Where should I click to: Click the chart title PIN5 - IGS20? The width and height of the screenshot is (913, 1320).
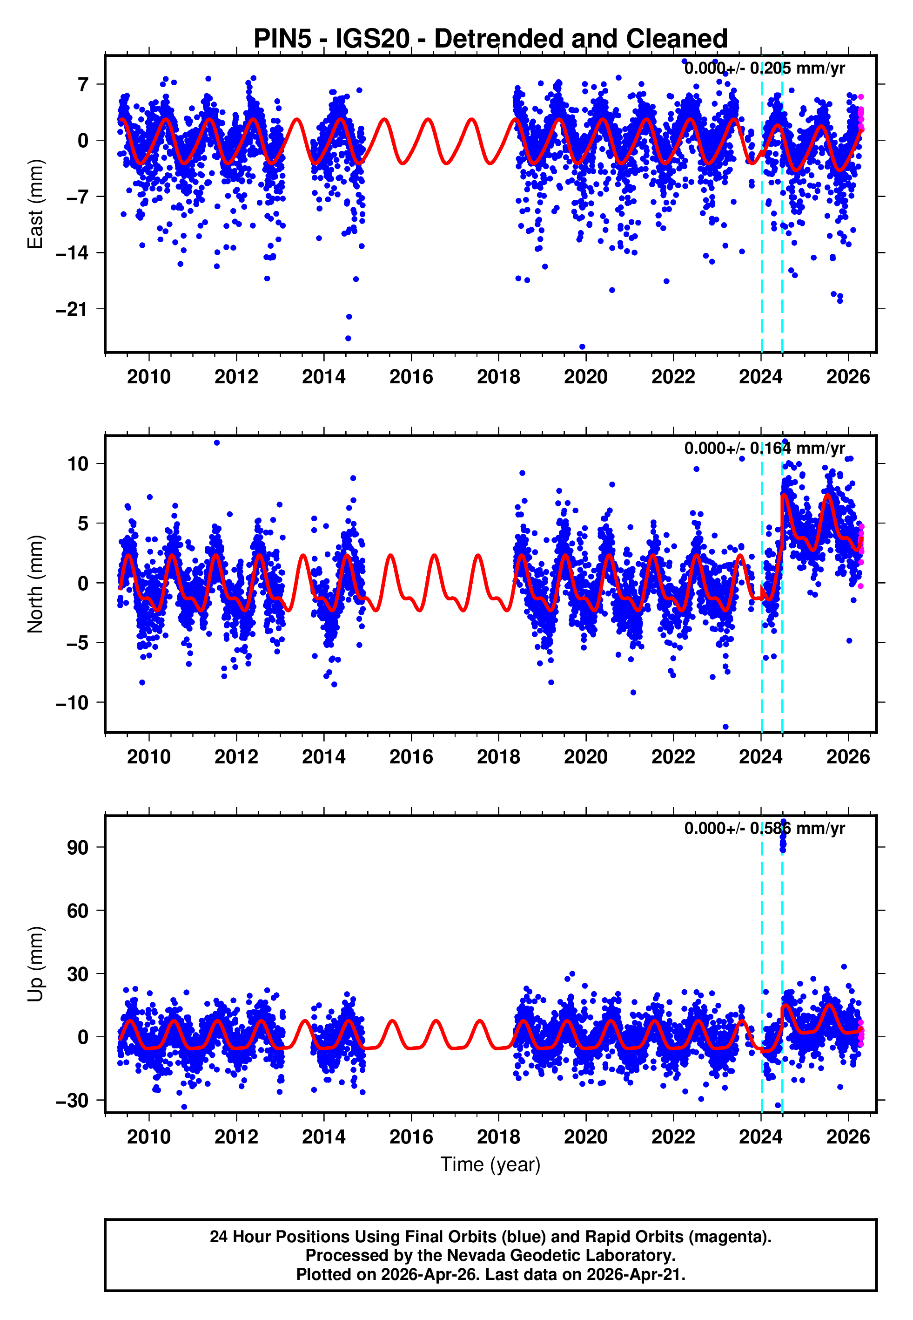(x=490, y=39)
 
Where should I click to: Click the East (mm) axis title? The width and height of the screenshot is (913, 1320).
(x=35, y=204)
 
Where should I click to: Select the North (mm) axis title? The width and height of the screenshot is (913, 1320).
(x=35, y=584)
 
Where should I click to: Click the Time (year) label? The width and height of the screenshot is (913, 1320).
(x=490, y=1164)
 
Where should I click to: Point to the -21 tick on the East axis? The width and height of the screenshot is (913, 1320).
(x=72, y=309)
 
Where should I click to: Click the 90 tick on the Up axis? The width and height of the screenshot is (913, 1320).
(x=78, y=847)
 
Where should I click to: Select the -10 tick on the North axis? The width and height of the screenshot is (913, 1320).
(x=72, y=702)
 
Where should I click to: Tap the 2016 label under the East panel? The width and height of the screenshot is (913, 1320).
(x=411, y=377)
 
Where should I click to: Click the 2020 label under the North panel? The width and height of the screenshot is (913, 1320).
(x=585, y=757)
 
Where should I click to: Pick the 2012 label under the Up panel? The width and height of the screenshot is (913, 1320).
(x=236, y=1137)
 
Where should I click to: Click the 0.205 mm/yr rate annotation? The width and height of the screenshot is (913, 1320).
(x=764, y=68)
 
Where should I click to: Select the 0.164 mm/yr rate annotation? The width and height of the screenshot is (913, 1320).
(x=764, y=448)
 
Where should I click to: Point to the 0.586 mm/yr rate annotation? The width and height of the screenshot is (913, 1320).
(x=764, y=828)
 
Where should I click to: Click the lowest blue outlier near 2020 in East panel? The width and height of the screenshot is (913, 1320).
(x=582, y=347)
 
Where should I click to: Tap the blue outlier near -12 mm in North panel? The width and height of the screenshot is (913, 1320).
(x=725, y=727)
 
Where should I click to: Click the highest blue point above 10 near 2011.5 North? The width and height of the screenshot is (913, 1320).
(x=217, y=442)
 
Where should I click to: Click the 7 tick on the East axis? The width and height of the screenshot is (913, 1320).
(x=83, y=85)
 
